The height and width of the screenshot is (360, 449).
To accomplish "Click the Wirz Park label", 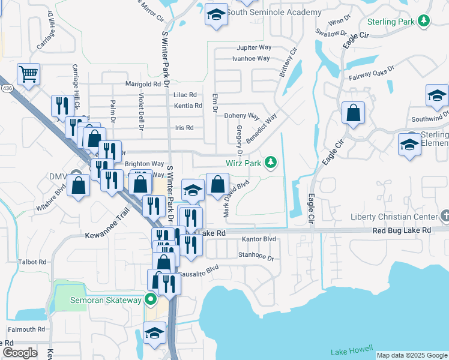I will coord(243,163).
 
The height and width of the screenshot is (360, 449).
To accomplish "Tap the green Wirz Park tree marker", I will coord(271,161).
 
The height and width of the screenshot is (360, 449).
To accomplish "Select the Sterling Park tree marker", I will coord(425,22).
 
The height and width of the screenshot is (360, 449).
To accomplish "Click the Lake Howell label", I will coord(352,350).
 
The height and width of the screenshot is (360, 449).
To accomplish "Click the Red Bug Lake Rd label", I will coord(402,230).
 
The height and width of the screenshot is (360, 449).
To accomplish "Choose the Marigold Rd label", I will coord(143,84).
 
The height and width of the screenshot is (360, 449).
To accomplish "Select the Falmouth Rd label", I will coord(26,329).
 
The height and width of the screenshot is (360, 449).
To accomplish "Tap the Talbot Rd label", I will coord(32,262).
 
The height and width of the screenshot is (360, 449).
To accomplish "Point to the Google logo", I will coord(20,353).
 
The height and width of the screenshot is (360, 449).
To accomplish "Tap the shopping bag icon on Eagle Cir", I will coord(353,113).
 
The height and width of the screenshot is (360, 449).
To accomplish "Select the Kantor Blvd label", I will coord(259,239).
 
